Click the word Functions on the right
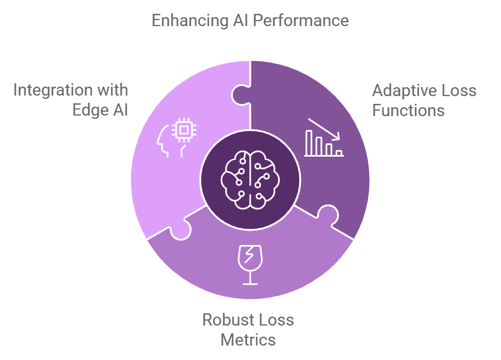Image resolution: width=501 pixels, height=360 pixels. click(x=408, y=110)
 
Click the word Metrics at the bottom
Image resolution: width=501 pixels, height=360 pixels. click(x=248, y=339)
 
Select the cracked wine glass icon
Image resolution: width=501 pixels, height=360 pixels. click(x=250, y=263)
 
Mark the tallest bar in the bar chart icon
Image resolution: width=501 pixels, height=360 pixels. click(x=309, y=142)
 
